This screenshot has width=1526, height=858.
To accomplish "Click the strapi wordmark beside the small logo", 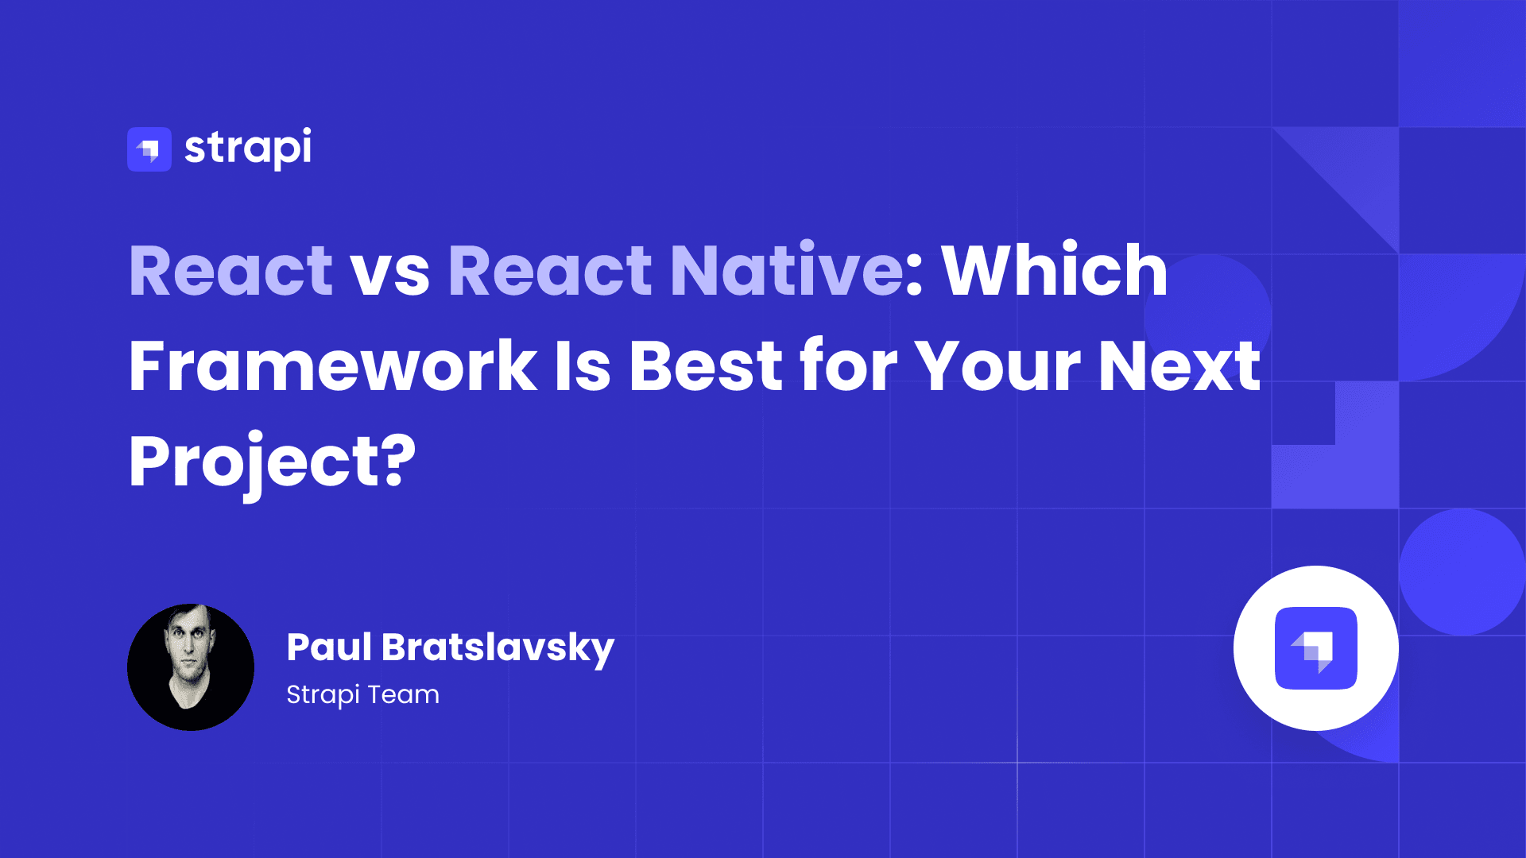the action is click(x=248, y=149).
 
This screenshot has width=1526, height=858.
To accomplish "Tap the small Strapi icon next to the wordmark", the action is click(x=149, y=149).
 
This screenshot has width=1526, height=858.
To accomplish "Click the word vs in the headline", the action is click(x=390, y=276).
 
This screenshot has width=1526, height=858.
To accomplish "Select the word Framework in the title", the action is click(x=333, y=365).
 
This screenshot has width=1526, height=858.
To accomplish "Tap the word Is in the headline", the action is click(x=583, y=365).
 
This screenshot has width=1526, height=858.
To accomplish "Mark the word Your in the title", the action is click(x=997, y=365).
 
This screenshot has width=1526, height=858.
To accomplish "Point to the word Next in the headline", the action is click(x=1180, y=365).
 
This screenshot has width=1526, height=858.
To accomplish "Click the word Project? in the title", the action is click(x=273, y=464).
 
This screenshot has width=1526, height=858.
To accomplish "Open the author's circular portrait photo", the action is click(x=191, y=667).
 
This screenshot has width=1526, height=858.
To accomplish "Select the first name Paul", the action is click(x=329, y=647).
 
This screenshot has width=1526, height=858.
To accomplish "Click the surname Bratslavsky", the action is click(x=498, y=649).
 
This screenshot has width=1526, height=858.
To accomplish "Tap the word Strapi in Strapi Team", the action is click(x=323, y=695).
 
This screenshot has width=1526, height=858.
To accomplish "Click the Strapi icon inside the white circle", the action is click(x=1316, y=648).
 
